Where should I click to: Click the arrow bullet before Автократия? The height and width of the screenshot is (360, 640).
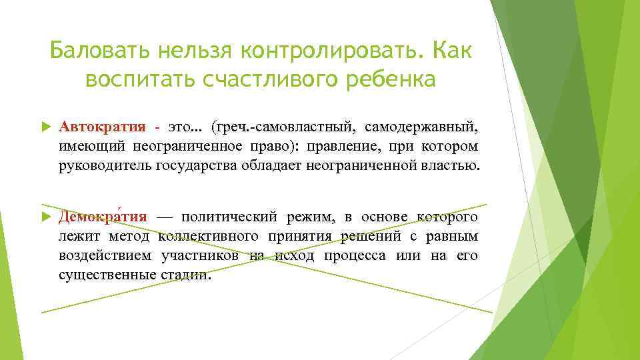(45, 127)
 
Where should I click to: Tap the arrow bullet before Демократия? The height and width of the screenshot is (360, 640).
(45, 217)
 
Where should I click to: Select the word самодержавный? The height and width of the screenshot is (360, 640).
(421, 127)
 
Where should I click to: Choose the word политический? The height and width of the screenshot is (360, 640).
(229, 217)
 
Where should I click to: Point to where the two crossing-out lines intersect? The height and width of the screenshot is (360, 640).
(266, 257)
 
